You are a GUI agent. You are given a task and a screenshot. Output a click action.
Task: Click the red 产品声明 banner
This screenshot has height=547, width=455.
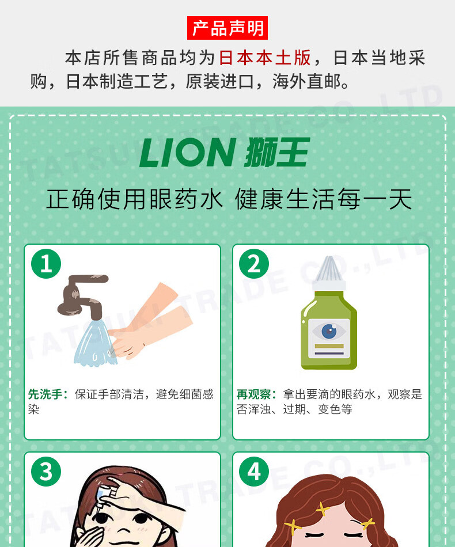click(227, 28)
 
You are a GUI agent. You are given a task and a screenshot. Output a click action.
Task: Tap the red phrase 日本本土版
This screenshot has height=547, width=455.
click(265, 58)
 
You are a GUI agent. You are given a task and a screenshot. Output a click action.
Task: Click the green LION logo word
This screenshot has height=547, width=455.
click(187, 153)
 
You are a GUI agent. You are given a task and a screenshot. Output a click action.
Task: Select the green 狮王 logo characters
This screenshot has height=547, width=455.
click(277, 152)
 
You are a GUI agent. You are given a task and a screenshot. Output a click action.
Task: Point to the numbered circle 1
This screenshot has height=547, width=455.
click(46, 264)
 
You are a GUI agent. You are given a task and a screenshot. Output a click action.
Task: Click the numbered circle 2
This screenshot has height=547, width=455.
click(254, 264)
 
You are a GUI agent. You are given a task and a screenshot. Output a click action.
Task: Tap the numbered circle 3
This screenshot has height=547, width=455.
click(46, 472)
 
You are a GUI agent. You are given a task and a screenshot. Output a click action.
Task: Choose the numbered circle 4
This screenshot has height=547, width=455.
click(254, 472)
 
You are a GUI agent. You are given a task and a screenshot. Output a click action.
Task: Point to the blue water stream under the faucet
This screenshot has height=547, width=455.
click(95, 343)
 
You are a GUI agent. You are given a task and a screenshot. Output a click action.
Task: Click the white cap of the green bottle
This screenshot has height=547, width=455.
click(329, 275)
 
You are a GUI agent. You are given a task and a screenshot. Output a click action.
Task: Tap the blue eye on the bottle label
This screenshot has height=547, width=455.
click(329, 331)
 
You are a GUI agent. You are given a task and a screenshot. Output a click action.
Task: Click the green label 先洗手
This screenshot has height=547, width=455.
click(45, 394)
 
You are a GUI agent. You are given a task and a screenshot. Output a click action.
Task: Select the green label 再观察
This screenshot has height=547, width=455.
click(253, 394)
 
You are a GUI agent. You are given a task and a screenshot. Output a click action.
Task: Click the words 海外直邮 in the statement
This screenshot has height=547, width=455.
click(307, 82)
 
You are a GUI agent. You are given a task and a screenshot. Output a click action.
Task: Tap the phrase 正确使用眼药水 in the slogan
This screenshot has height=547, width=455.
click(135, 199)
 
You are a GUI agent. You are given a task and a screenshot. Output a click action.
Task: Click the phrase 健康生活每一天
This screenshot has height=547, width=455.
click(324, 199)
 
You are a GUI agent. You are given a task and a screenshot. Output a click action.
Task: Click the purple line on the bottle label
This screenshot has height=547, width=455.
click(329, 354)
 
